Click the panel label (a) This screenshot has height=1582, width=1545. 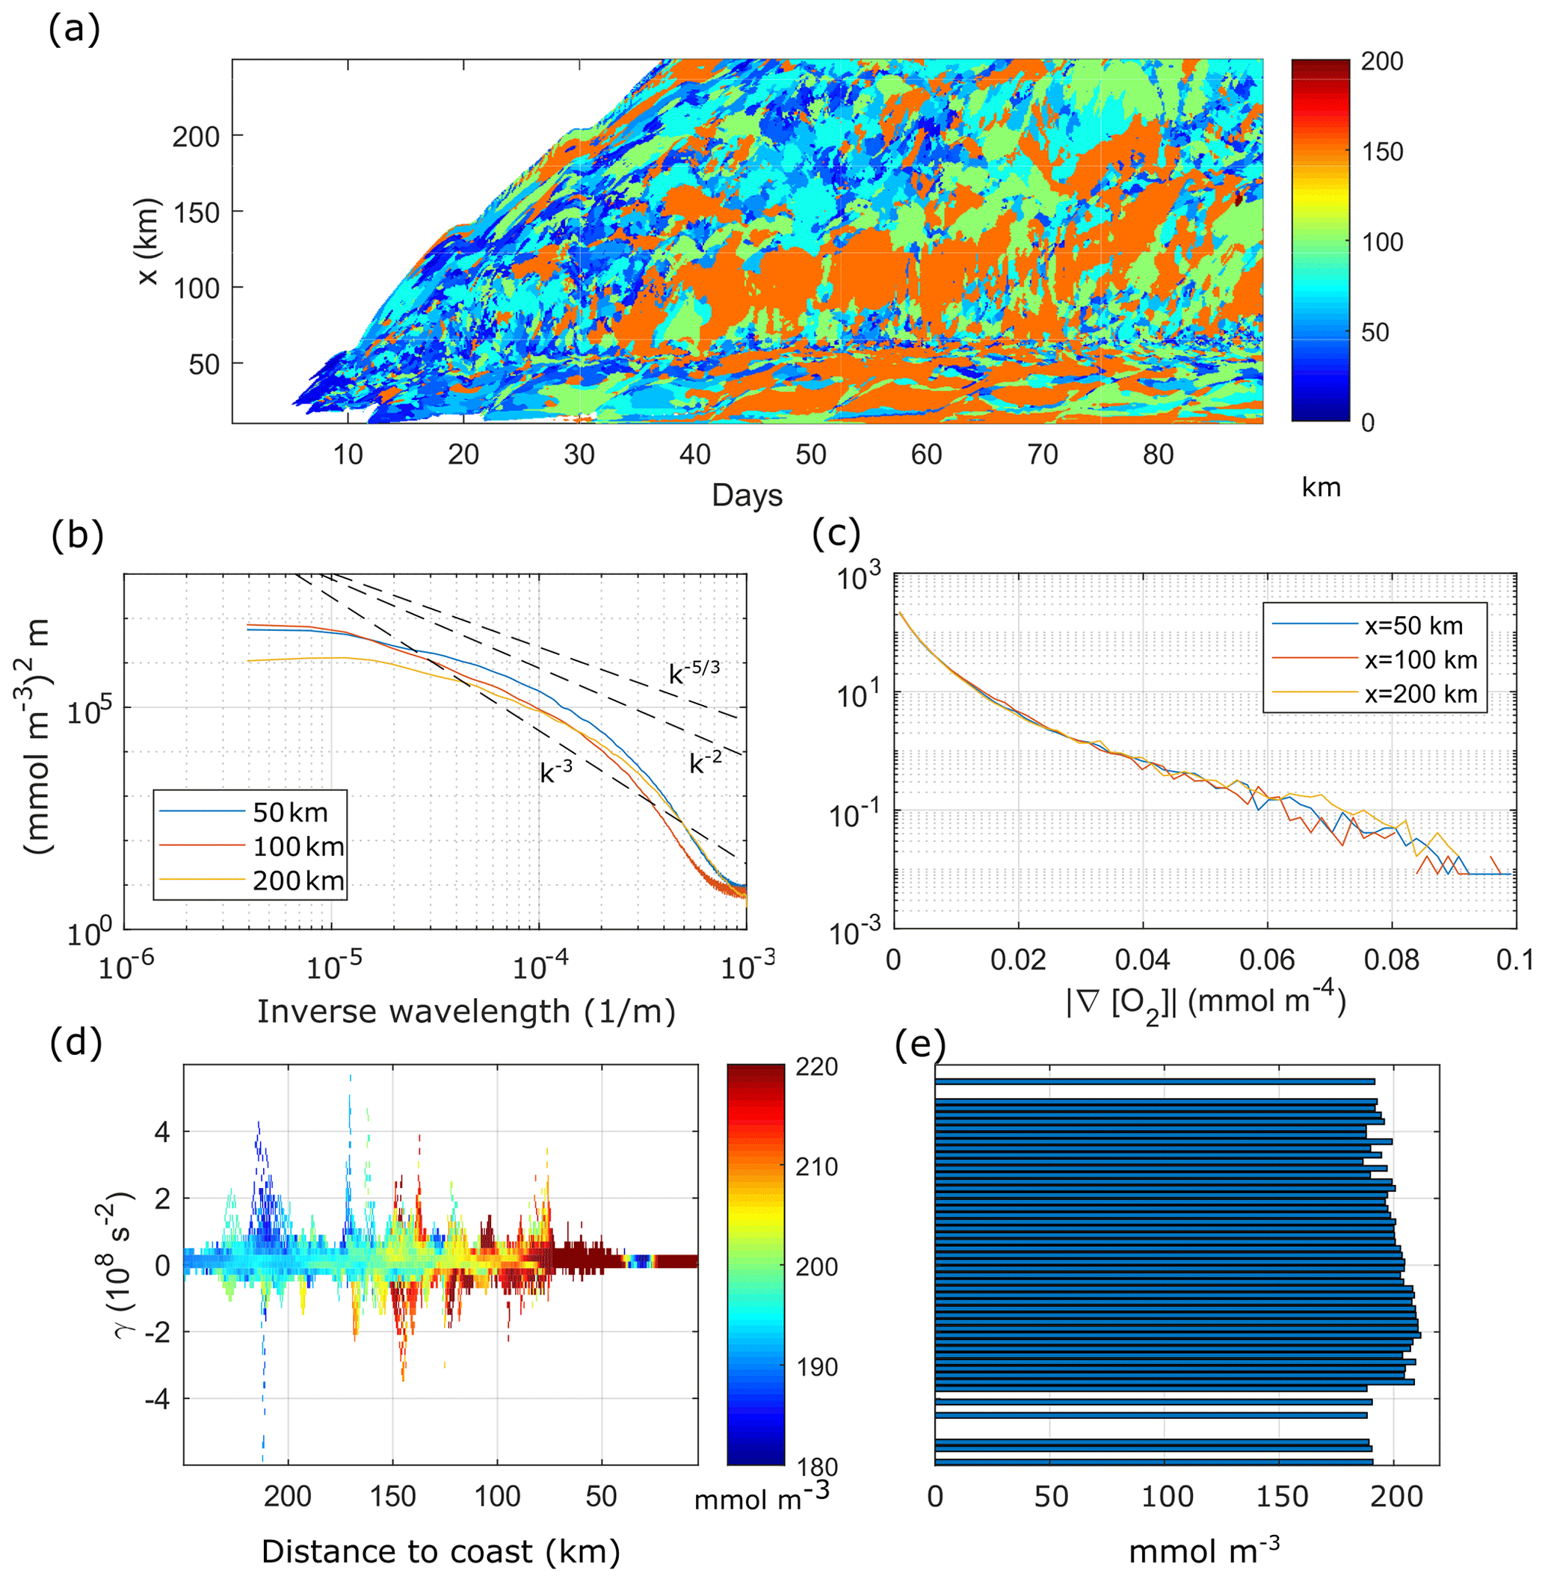(x=74, y=31)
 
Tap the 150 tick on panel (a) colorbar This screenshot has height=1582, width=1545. (x=1381, y=152)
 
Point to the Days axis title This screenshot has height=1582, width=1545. (x=747, y=495)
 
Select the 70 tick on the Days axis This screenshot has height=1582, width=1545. (x=1042, y=455)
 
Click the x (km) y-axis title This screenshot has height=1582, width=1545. (x=149, y=242)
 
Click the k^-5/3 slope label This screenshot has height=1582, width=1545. (x=694, y=672)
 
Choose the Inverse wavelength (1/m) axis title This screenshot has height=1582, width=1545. (x=466, y=1012)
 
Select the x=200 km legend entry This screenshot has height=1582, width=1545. (x=1420, y=694)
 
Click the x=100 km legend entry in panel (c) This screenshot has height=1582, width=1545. (x=1420, y=660)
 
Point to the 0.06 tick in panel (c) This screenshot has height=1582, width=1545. (x=1267, y=959)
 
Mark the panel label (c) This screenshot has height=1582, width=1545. (x=836, y=535)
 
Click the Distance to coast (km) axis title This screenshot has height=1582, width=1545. (x=440, y=1551)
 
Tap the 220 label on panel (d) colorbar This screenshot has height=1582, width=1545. (x=816, y=1066)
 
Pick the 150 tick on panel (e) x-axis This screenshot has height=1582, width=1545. (x=1281, y=1495)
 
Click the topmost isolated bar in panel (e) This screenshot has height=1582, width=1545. (x=1154, y=1081)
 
